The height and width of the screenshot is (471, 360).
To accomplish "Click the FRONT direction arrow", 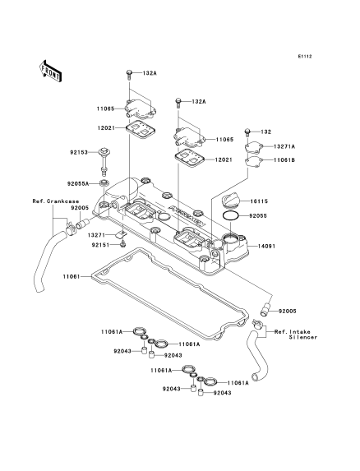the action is click(x=50, y=71).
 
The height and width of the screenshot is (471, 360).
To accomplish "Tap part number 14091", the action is click(x=266, y=247).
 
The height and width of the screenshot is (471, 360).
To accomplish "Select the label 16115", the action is click(x=259, y=201).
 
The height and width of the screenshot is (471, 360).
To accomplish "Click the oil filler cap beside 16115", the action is click(x=231, y=201).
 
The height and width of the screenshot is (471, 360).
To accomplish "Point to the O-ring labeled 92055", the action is click(x=231, y=215).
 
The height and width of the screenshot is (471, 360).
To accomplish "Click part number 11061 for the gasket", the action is click(x=72, y=276).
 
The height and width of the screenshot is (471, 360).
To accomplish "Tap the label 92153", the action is click(x=79, y=152).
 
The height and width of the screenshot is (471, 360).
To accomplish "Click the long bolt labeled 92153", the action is click(x=104, y=161).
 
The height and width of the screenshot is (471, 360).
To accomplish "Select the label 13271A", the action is click(x=284, y=146).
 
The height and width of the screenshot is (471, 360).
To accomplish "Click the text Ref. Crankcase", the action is click(x=56, y=201).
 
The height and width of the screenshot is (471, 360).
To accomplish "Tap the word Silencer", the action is click(x=303, y=337).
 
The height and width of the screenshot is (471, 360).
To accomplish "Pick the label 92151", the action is click(x=100, y=245).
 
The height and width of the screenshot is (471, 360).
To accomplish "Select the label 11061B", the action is click(x=284, y=160).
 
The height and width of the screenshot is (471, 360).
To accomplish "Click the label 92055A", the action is click(x=78, y=183).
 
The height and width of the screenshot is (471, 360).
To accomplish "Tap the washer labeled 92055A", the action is click(x=104, y=182).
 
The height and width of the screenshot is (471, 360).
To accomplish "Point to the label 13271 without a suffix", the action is click(x=97, y=234).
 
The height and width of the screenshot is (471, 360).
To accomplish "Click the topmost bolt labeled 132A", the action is click(x=129, y=74).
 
